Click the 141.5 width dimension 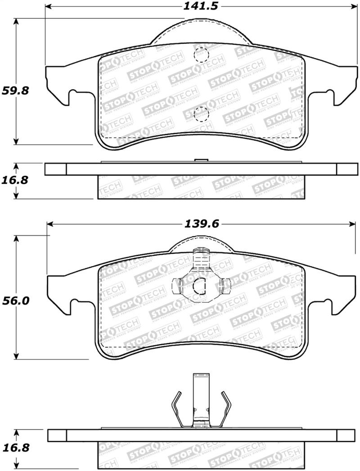point(199,7)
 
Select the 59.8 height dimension point(16,90)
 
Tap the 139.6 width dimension point(200,224)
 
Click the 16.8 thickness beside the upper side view point(16,180)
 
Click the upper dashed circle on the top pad point(200,55)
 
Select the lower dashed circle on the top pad point(200,114)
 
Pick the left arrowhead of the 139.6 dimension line point(51,224)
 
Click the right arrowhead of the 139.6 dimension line point(353,224)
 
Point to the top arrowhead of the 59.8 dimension point(17,22)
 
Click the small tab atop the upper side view point(200,160)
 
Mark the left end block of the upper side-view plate point(55,169)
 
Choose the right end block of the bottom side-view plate point(346,435)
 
